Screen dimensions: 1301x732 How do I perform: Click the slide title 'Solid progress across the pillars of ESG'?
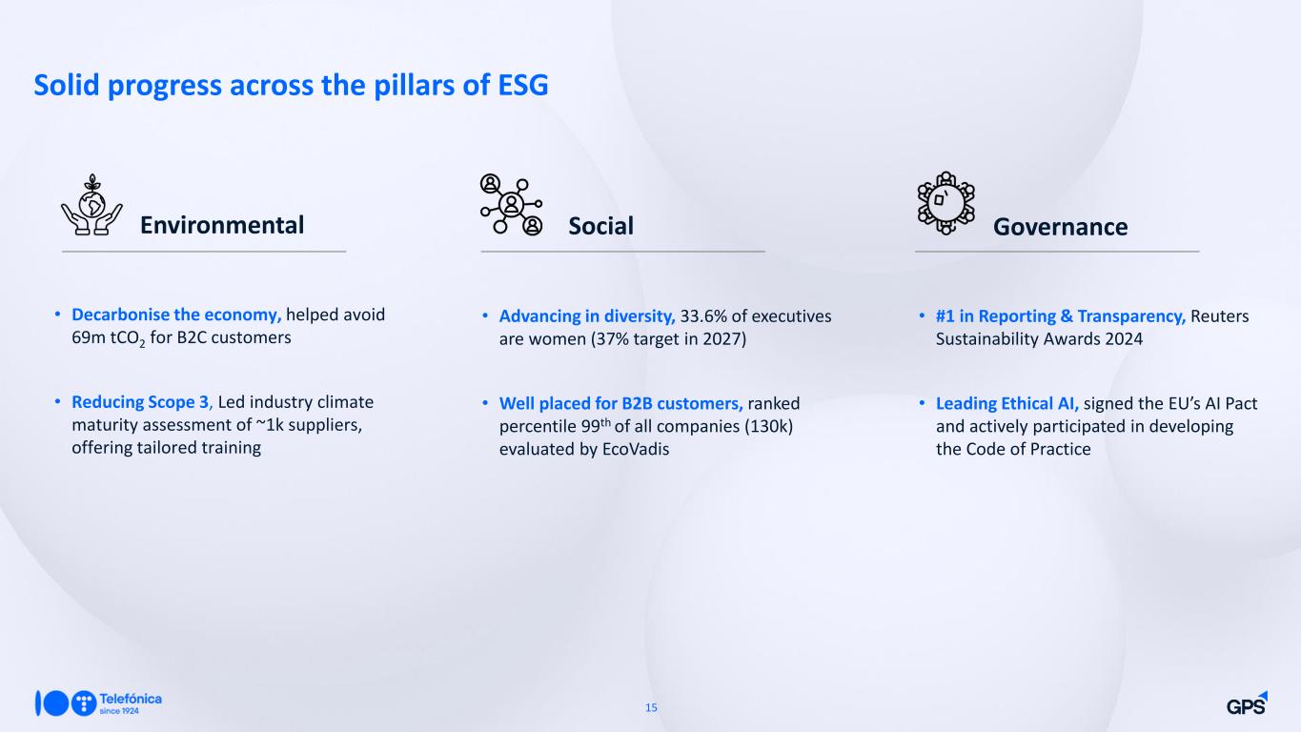[291, 86]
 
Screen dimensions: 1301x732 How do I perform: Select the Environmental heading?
[222, 225]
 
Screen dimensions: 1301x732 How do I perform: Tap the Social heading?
[600, 226]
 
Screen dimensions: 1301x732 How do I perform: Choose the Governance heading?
[1060, 227]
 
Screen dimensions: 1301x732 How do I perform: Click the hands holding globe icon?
[91, 205]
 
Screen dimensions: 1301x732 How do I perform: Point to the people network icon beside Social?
[511, 204]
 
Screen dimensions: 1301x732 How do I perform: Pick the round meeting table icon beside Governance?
[945, 203]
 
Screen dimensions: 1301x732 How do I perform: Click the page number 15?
[651, 707]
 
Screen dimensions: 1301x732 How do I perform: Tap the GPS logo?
[1247, 703]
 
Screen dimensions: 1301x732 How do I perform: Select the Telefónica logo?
[98, 703]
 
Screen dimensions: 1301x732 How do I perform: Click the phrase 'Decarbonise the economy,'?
[176, 315]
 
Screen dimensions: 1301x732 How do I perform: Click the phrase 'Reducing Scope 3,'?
[142, 402]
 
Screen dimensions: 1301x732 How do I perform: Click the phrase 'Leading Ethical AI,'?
[1007, 403]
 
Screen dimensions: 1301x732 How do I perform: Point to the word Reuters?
[1219, 316]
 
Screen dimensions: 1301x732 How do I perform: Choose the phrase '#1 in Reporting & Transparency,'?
[1061, 316]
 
